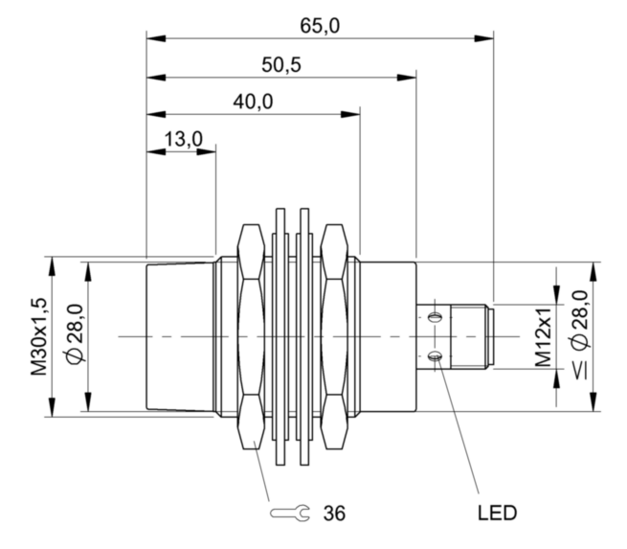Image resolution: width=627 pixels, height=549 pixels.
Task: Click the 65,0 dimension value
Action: pos(320,26)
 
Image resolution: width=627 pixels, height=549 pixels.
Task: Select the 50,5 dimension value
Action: pos(281,64)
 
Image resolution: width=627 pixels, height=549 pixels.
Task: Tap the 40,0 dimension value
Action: pos(254,101)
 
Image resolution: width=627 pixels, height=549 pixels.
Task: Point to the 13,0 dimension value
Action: pos(183,139)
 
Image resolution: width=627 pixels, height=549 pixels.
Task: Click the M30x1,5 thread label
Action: pos(39,337)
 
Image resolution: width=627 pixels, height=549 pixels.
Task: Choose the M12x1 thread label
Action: pos(543,337)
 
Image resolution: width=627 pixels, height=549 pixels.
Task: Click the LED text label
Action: pos(498,513)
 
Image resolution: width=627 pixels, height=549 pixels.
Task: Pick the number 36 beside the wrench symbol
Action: pos(334,513)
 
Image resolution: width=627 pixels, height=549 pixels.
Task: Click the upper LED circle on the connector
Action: pos(436,316)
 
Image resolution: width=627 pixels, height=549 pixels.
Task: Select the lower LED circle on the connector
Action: pos(436,357)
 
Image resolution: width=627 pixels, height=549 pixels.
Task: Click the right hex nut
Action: pos(335,336)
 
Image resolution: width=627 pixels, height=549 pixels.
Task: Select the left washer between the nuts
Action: pos(280,336)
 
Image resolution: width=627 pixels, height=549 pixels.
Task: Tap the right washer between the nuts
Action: pos(305,336)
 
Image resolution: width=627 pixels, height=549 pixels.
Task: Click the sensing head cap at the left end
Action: pos(177,336)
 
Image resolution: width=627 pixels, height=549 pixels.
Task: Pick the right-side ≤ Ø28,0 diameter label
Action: pos(580,337)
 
